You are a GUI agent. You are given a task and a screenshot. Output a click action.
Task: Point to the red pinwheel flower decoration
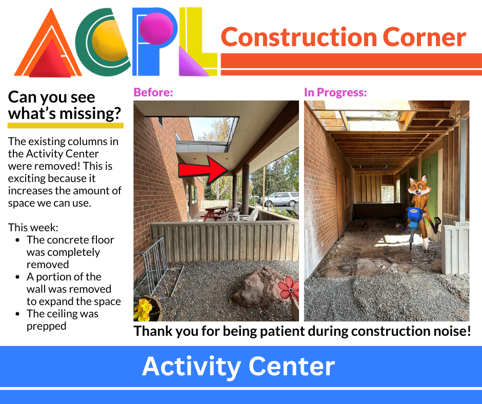[289, 288]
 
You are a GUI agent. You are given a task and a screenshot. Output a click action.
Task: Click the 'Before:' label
[153, 92]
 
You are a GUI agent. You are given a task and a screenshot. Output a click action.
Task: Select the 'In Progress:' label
[335, 92]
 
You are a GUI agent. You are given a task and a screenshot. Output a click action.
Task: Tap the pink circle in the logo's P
[156, 28]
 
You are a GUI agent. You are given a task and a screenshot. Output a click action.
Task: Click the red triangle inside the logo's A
[50, 59]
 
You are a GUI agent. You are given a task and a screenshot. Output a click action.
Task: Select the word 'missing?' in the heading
[90, 113]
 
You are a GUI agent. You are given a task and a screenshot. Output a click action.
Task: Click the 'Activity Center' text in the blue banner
[238, 366]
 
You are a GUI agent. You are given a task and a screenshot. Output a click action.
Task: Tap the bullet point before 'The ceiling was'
[17, 314]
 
